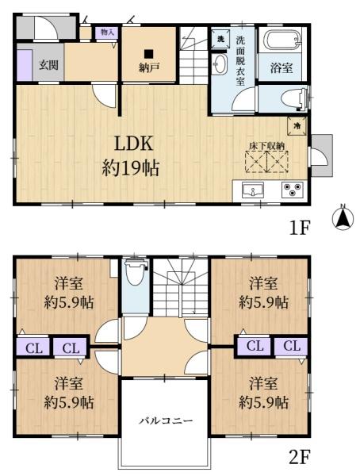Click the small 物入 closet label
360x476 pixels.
[107, 33]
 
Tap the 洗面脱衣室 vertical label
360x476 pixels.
[240, 64]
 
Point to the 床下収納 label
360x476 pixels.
[270, 145]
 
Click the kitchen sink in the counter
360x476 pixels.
[252, 190]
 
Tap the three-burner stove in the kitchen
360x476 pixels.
[293, 190]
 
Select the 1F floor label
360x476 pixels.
[298, 228]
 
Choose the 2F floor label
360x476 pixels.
[298, 457]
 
